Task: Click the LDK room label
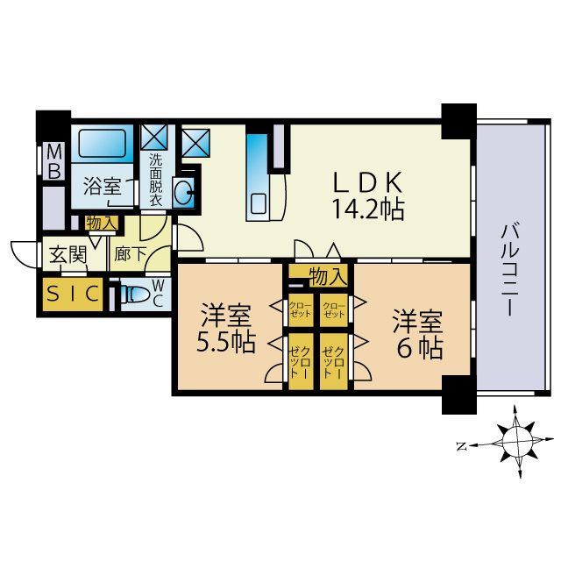click(366, 181)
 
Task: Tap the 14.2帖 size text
click(366, 209)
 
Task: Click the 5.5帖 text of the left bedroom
click(225, 342)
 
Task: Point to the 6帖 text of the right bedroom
click(416, 347)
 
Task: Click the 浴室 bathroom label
click(102, 186)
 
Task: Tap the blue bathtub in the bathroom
click(104, 143)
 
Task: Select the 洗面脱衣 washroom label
click(155, 180)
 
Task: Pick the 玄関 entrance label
click(67, 256)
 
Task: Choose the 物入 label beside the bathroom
click(102, 224)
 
